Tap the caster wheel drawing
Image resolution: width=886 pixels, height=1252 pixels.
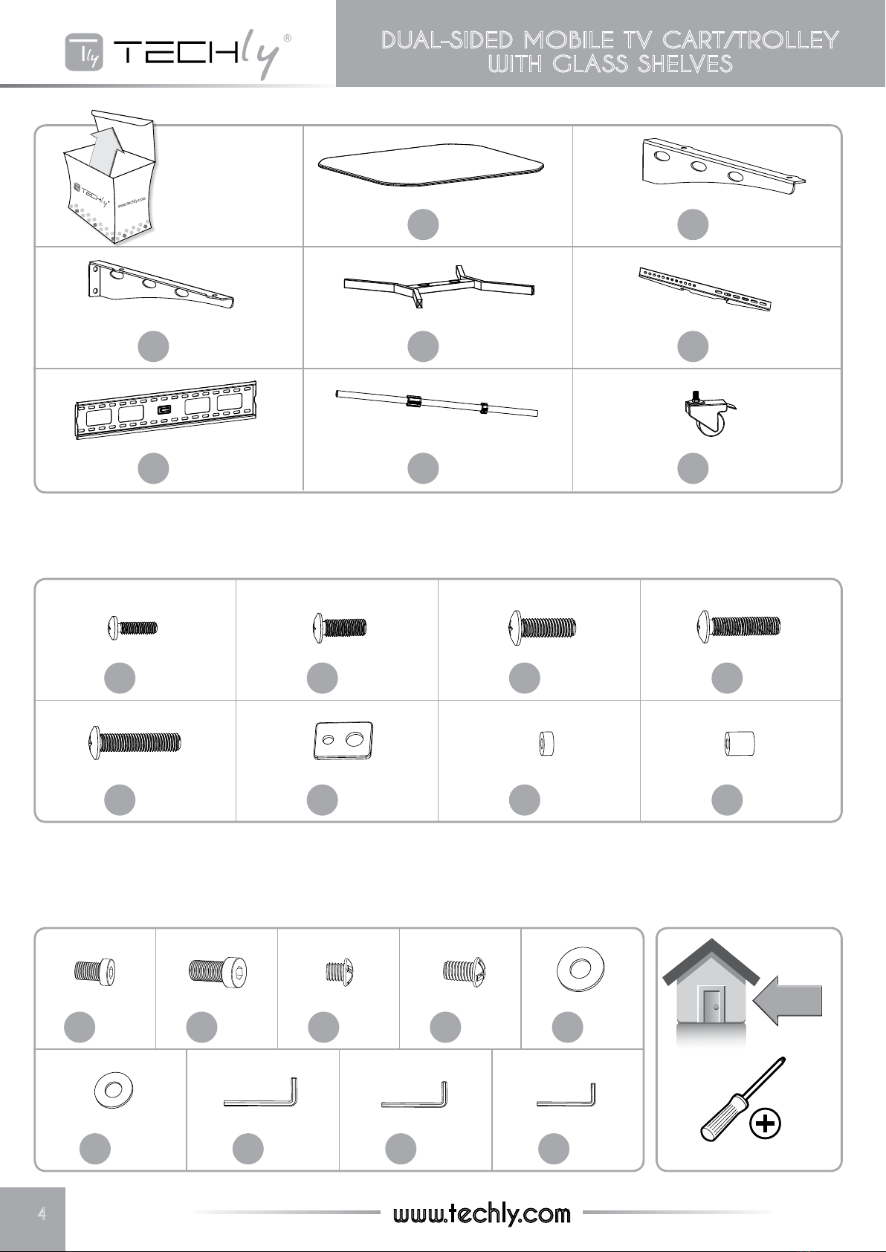tap(709, 413)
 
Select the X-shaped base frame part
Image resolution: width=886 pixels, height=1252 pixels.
tap(439, 288)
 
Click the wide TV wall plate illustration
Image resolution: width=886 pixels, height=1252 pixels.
tap(166, 410)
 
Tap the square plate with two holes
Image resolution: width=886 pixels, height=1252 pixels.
tap(343, 741)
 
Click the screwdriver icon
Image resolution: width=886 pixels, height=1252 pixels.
tap(743, 1098)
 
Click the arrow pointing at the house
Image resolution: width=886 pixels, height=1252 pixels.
tap(788, 1000)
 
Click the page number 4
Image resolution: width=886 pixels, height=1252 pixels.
tap(42, 1213)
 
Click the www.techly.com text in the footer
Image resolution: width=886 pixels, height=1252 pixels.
tap(482, 1213)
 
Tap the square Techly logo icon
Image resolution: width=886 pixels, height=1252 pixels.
tap(84, 52)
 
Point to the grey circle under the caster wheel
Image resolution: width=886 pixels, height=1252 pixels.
tap(693, 468)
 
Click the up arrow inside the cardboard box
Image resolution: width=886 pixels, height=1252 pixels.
tap(106, 149)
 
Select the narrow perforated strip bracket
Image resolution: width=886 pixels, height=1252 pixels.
tap(705, 288)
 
